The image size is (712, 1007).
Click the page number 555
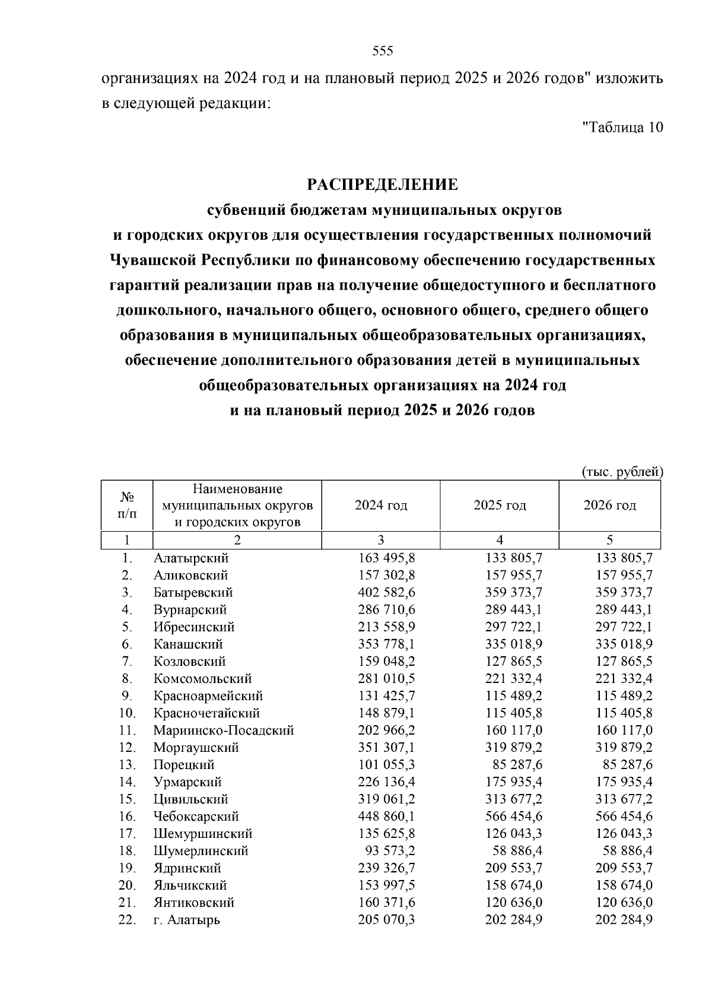383,51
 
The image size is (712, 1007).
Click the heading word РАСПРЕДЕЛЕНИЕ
382,185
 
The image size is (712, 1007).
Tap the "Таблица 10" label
622,127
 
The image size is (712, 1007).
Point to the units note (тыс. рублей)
621,472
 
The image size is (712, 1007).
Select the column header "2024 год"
381,506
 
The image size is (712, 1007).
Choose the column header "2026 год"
609,506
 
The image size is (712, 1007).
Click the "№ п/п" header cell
127,506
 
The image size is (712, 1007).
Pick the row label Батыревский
193,593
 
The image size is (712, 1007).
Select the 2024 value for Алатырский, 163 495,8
386,558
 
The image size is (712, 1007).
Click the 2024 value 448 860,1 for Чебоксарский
386,817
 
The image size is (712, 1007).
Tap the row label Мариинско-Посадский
224,730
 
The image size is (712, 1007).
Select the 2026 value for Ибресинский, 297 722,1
624,627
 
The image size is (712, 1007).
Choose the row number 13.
127,765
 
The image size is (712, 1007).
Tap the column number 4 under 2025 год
500,540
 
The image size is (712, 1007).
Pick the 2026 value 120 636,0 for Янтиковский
624,903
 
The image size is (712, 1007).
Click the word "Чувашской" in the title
154,261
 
